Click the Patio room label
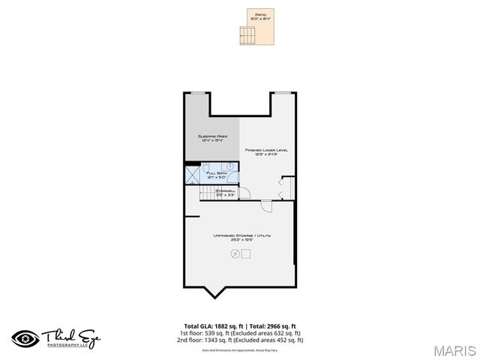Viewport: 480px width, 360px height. [x=261, y=14]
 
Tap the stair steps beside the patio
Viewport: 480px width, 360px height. [x=246, y=34]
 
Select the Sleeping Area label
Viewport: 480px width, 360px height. [x=212, y=136]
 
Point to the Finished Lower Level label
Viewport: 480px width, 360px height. [x=266, y=150]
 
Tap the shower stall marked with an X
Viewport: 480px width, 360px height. [x=193, y=175]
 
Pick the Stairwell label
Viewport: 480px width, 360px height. [x=225, y=191]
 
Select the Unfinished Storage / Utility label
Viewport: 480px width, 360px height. [x=241, y=236]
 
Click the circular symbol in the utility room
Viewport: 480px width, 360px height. [x=235, y=253]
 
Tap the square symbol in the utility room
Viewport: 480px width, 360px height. [x=245, y=253]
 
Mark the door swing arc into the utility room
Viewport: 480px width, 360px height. [x=266, y=208]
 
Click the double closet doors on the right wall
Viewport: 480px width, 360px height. [x=283, y=187]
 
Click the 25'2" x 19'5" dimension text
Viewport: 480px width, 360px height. [x=241, y=241]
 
